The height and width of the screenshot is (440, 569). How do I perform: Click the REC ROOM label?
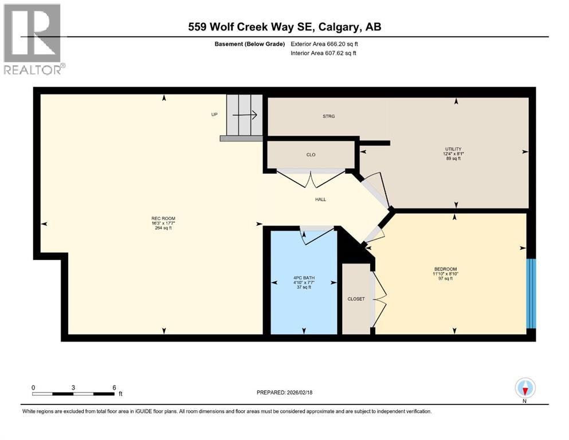pyautogui.click(x=163, y=218)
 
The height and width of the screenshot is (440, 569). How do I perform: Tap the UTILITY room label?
pyautogui.click(x=452, y=149)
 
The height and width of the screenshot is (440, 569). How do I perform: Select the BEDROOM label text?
pyautogui.click(x=445, y=269)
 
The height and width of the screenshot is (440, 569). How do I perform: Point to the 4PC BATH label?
pyautogui.click(x=304, y=278)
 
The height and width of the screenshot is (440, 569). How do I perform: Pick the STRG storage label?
pyautogui.click(x=328, y=116)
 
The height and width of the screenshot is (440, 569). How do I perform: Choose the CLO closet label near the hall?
pyautogui.click(x=311, y=155)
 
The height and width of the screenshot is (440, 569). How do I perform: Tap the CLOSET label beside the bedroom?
pyautogui.click(x=356, y=298)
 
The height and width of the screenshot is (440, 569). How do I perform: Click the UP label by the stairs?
pyautogui.click(x=215, y=115)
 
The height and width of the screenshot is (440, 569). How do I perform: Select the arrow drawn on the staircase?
pyautogui.click(x=247, y=115)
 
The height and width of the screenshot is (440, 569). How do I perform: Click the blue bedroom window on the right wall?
pyautogui.click(x=531, y=293)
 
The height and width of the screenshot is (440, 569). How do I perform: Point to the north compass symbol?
pyautogui.click(x=525, y=389)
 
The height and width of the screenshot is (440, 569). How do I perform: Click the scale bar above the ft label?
pyautogui.click(x=73, y=394)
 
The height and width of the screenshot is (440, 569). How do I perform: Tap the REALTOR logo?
pyautogui.click(x=33, y=39)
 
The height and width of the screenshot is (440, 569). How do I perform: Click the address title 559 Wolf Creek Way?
pyautogui.click(x=284, y=27)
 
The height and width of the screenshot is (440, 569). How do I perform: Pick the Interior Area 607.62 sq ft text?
pyautogui.click(x=324, y=53)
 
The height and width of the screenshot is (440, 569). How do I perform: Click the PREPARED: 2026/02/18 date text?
pyautogui.click(x=284, y=392)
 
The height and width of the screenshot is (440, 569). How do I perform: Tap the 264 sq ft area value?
pyautogui.click(x=163, y=228)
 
